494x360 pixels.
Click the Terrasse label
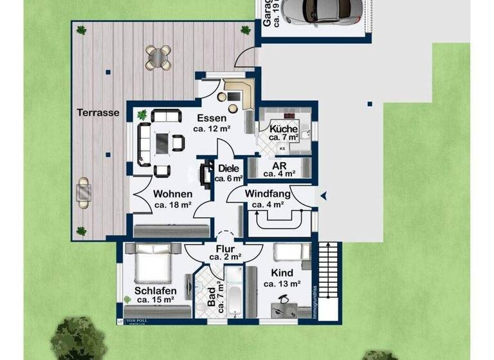98,112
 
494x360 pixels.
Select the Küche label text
284,128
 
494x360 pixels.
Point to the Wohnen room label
173,194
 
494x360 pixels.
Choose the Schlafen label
156,291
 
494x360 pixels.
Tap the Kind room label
282,273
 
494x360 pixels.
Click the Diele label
228,169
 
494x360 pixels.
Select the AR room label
279,165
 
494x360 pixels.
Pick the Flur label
225,248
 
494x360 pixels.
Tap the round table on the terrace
158,57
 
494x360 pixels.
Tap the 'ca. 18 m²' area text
173,205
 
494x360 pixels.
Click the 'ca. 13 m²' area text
282,283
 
